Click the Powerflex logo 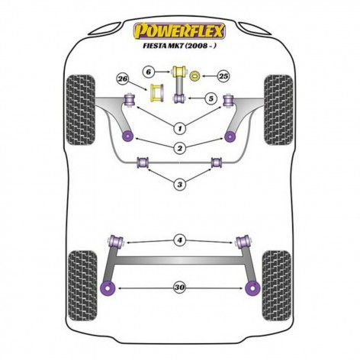[x=179, y=31]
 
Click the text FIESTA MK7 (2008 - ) [x=179, y=46]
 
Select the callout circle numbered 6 [x=148, y=72]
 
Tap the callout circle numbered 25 [x=223, y=76]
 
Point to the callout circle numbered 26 [x=123, y=79]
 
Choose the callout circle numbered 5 [x=211, y=98]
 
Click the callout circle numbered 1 [x=180, y=129]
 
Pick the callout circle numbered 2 [x=180, y=148]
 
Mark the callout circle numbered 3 [x=180, y=184]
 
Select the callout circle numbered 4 [x=180, y=240]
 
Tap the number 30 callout [x=180, y=288]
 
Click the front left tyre [x=81, y=110]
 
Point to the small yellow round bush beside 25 [x=195, y=76]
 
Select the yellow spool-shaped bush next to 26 [x=157, y=94]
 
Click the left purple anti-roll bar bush [x=143, y=162]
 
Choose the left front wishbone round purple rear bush [x=128, y=137]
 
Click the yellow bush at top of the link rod [x=179, y=71]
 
